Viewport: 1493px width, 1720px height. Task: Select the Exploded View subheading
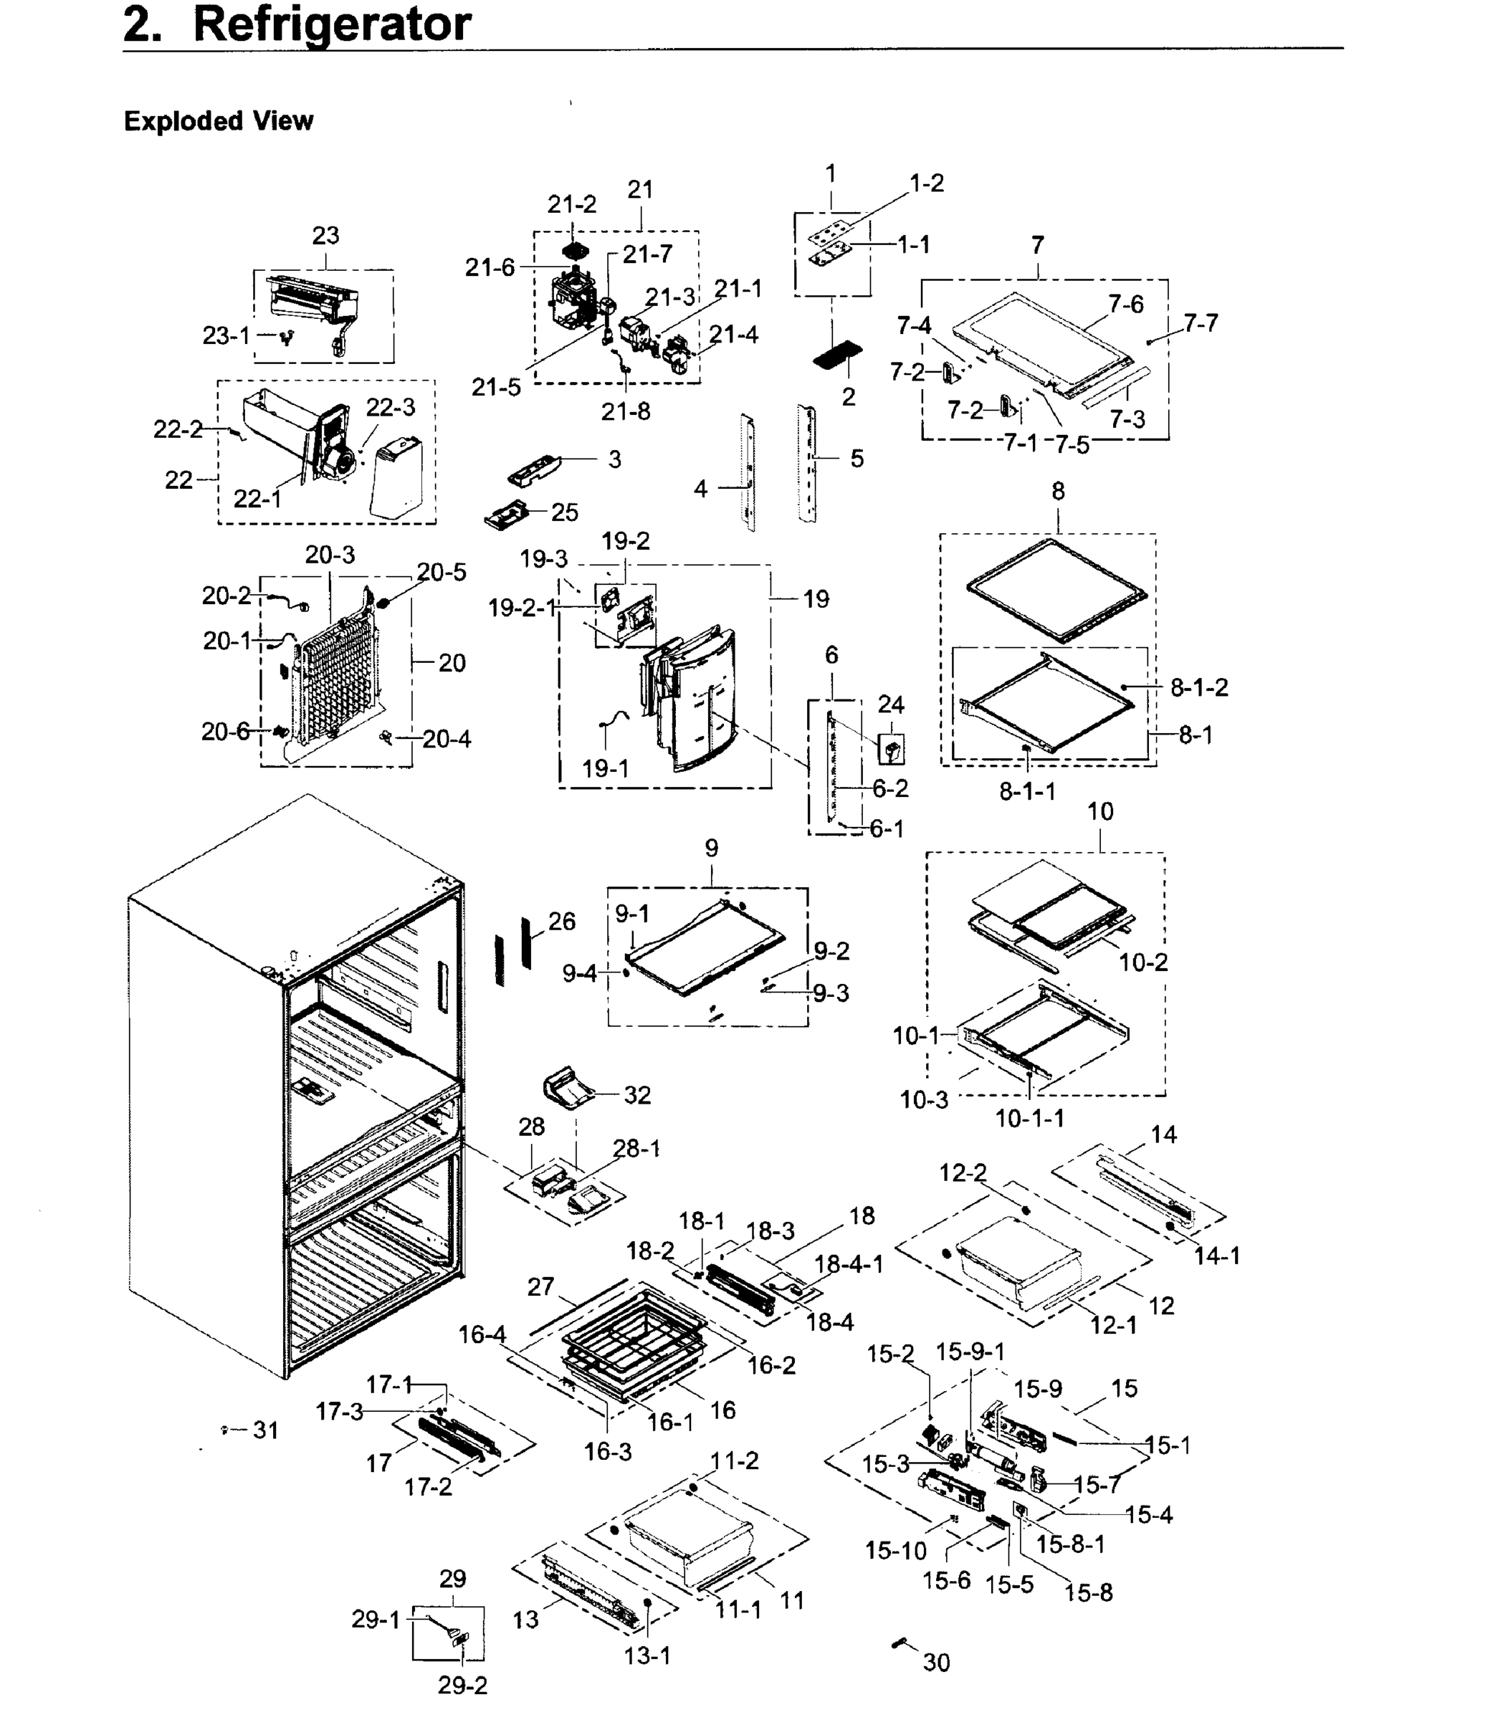pos(219,121)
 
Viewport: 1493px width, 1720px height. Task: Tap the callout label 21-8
pos(625,411)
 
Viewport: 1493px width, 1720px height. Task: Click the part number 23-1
pos(226,335)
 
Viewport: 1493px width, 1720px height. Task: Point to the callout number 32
pos(636,1094)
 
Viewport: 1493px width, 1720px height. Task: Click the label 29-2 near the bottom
pos(462,1685)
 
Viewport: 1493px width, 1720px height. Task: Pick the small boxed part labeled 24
pos(892,749)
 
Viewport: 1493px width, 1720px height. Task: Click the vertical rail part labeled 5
pos(806,463)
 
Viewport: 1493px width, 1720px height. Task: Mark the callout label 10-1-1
pos(1030,1118)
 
